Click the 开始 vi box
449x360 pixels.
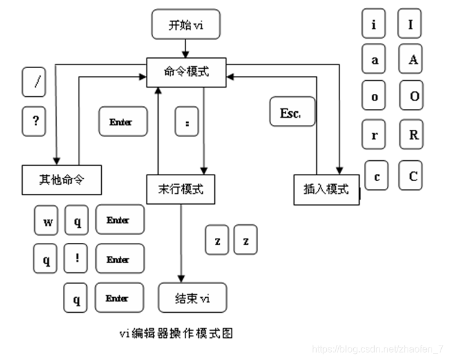point(186,26)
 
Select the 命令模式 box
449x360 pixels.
point(186,72)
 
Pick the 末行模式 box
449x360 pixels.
point(180,189)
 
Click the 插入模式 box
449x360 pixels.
point(326,189)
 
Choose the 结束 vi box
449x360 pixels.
point(193,297)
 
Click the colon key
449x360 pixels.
point(187,122)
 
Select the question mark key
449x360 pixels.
point(34,121)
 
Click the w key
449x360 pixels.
point(47,222)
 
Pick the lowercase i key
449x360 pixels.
point(374,25)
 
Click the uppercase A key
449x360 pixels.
point(413,60)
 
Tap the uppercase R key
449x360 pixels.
point(413,135)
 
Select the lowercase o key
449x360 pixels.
point(374,97)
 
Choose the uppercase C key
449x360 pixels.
point(413,176)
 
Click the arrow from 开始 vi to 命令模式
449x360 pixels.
point(186,47)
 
